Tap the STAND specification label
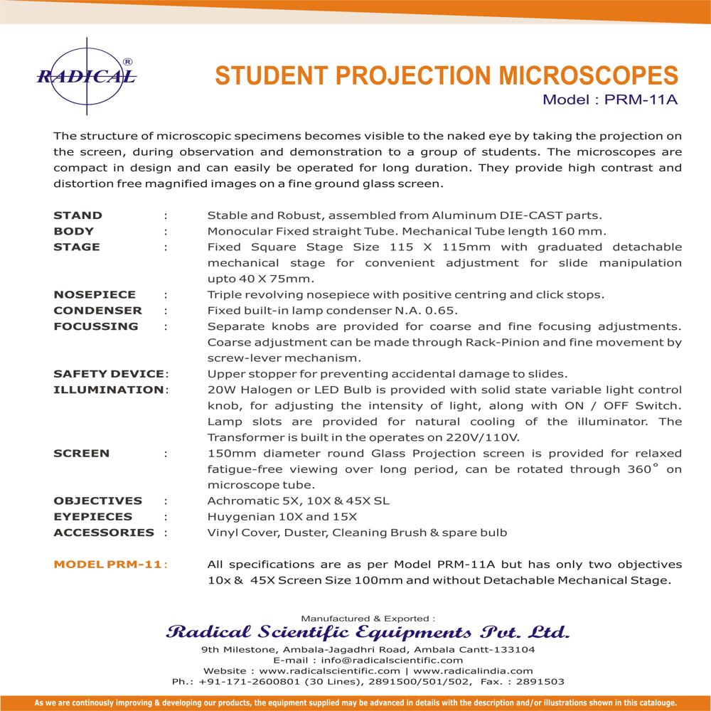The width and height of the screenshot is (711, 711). [78, 215]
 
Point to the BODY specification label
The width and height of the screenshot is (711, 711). [74, 231]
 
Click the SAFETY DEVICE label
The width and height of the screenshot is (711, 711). [109, 374]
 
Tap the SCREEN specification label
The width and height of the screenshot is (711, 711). [82, 453]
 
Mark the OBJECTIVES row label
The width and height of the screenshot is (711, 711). [98, 501]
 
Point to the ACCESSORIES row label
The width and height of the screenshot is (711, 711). [104, 533]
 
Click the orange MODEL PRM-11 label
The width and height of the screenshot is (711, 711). [109, 565]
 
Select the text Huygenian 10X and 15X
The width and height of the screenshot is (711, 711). [282, 517]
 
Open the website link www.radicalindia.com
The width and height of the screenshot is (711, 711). [472, 670]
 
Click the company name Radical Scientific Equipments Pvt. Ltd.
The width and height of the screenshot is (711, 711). [366, 632]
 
